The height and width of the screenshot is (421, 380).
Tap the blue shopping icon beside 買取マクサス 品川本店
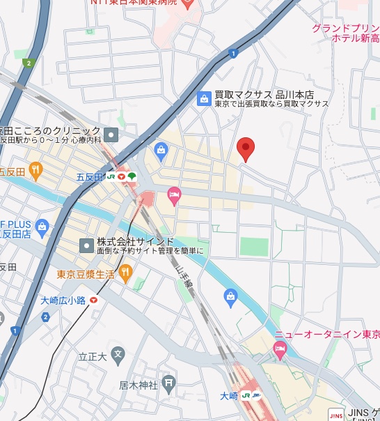tap(204, 98)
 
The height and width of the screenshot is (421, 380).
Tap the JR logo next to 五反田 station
tap(111, 177)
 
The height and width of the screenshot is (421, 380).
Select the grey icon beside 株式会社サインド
tap(86, 245)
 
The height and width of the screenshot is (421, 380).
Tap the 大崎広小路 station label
tap(62, 300)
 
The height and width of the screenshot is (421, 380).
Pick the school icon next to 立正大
tap(118, 355)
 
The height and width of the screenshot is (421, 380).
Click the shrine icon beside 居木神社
tap(168, 383)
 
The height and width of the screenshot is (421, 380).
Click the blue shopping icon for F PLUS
tap(42, 227)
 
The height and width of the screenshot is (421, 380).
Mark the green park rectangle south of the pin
tap(254, 247)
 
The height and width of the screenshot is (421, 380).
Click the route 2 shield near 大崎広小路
tap(46, 317)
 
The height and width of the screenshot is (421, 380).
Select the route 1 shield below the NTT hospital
tap(233, 53)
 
